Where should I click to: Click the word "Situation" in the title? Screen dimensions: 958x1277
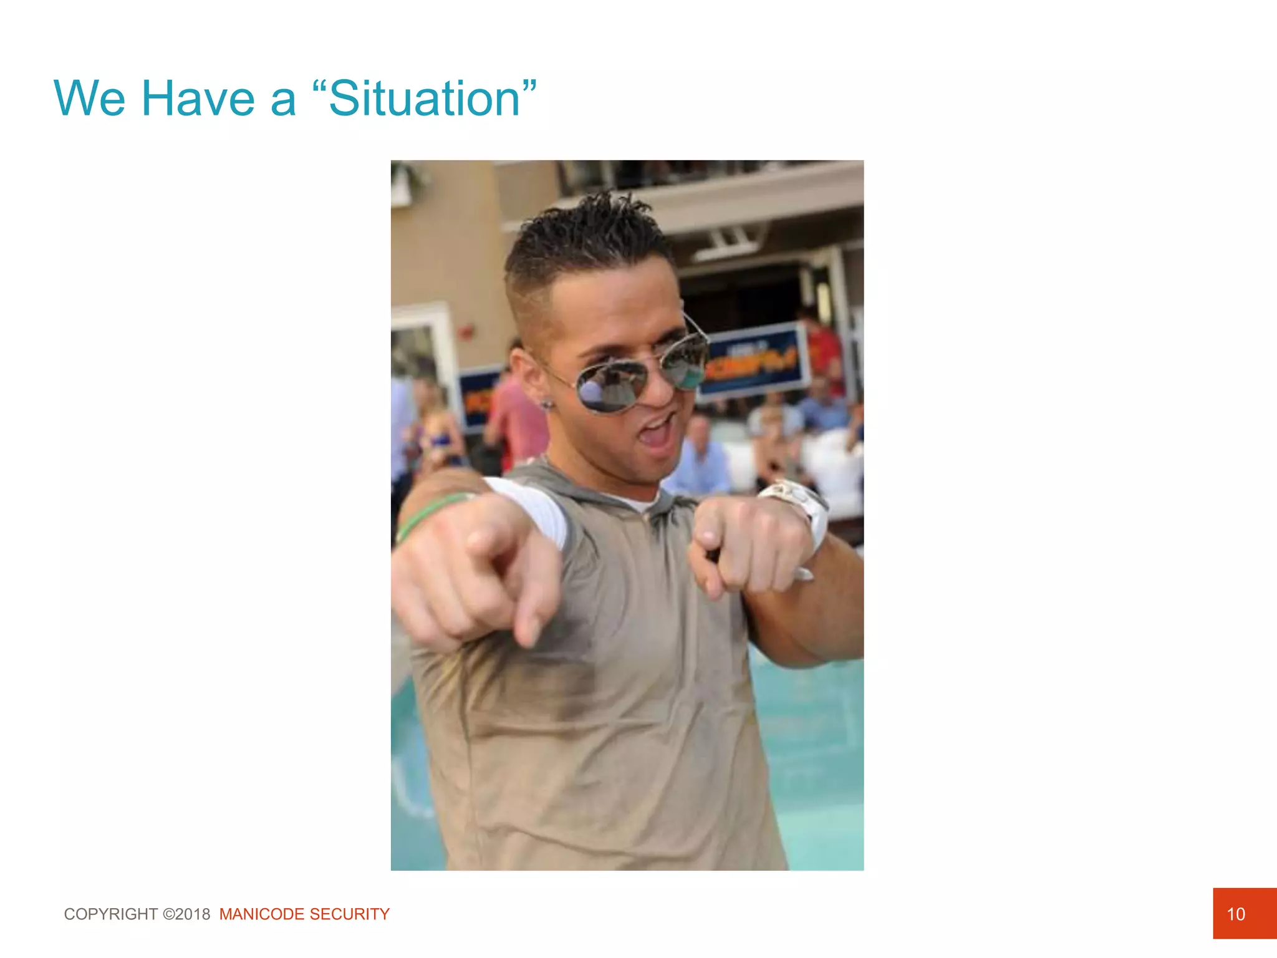pos(424,99)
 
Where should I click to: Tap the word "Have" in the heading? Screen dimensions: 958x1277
pos(198,99)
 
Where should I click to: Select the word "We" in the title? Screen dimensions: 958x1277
pos(89,99)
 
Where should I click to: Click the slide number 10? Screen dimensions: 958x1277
pos(1235,914)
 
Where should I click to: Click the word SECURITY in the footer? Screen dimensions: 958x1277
pos(350,914)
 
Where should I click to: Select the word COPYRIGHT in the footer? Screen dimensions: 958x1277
pos(111,914)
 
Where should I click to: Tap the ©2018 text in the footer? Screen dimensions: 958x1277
pos(186,914)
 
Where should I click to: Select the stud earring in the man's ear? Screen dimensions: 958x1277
pos(547,404)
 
